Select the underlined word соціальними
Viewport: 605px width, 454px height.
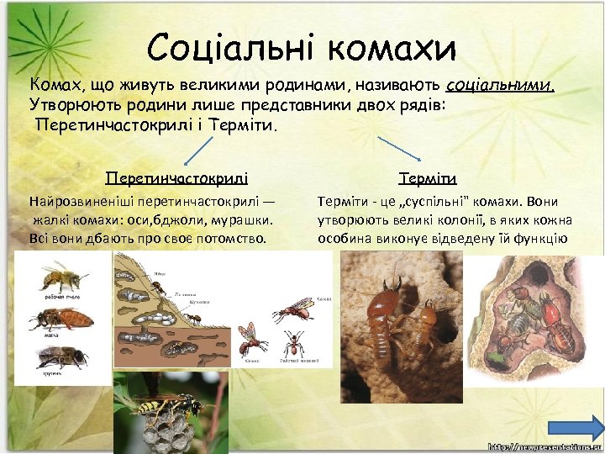click(501, 85)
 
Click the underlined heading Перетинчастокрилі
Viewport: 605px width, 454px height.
click(176, 178)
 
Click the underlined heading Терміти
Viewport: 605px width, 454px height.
click(429, 178)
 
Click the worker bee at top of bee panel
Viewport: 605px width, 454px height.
click(61, 277)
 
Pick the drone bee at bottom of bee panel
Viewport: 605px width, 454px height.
click(61, 356)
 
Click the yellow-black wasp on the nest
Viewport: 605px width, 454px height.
click(155, 407)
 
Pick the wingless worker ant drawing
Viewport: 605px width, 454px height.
click(293, 343)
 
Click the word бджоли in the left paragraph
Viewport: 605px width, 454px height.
click(176, 219)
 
